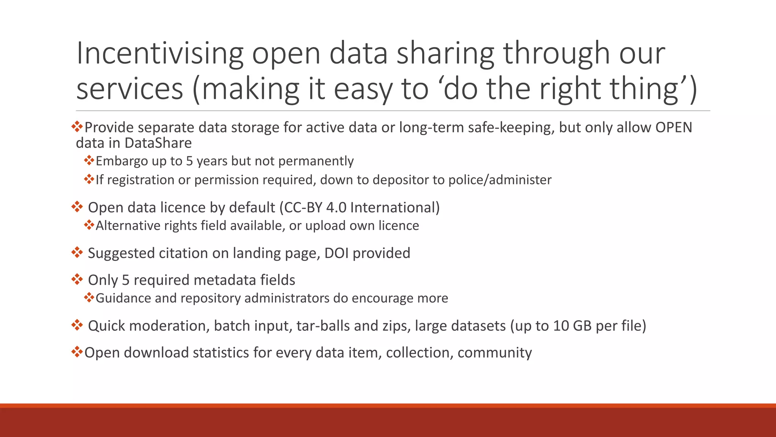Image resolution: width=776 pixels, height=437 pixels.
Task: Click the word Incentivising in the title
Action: pos(160,53)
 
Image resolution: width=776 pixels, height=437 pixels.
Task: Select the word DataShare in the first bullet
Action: pos(158,143)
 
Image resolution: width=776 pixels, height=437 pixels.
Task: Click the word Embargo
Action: pos(122,161)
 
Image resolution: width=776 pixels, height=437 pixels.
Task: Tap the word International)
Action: pos(395,208)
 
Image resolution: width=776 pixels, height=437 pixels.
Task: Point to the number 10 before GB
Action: pos(561,326)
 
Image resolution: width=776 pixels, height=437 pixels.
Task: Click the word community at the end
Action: pos(494,353)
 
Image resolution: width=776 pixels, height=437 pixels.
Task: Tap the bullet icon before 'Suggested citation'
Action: pos(77,252)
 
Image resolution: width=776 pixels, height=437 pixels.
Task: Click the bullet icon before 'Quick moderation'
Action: pos(77,325)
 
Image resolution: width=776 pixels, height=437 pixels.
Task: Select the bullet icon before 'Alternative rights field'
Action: pos(89,225)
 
